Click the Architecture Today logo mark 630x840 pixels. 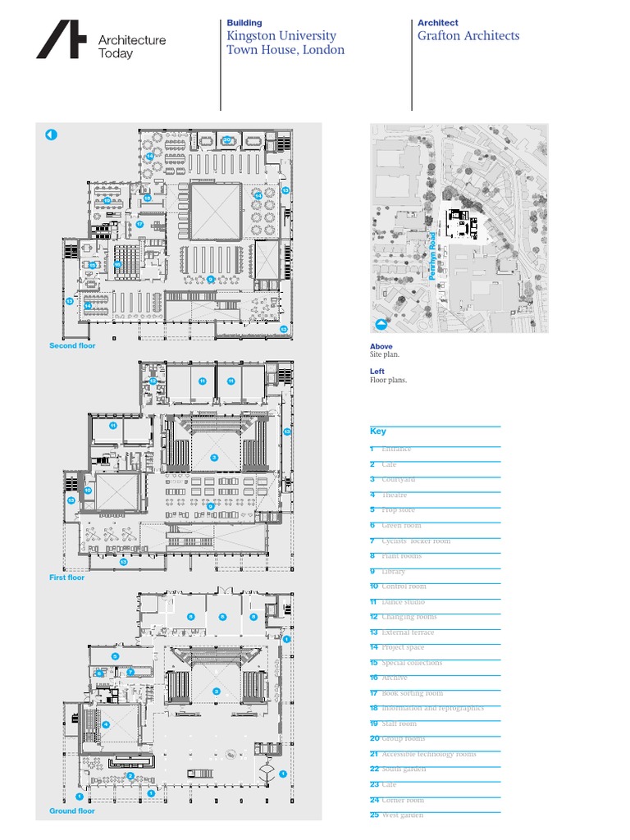pyautogui.click(x=61, y=40)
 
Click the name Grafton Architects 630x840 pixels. pyautogui.click(x=468, y=36)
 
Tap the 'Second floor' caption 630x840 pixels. pyautogui.click(x=72, y=346)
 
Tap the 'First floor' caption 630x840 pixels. pyautogui.click(x=66, y=577)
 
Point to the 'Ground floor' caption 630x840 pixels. pyautogui.click(x=71, y=810)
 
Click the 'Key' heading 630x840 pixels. pyautogui.click(x=377, y=431)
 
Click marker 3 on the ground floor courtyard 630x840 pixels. pyautogui.click(x=217, y=692)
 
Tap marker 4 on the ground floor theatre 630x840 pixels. pyautogui.click(x=107, y=724)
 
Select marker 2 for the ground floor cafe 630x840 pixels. pyautogui.click(x=130, y=775)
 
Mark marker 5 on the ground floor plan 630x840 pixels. pyautogui.click(x=116, y=656)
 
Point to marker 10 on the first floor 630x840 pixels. pyautogui.click(x=88, y=490)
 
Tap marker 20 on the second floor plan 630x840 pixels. pyautogui.click(x=226, y=139)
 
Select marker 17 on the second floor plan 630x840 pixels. pyautogui.click(x=140, y=224)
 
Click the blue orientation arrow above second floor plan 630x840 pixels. pyautogui.click(x=51, y=135)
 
